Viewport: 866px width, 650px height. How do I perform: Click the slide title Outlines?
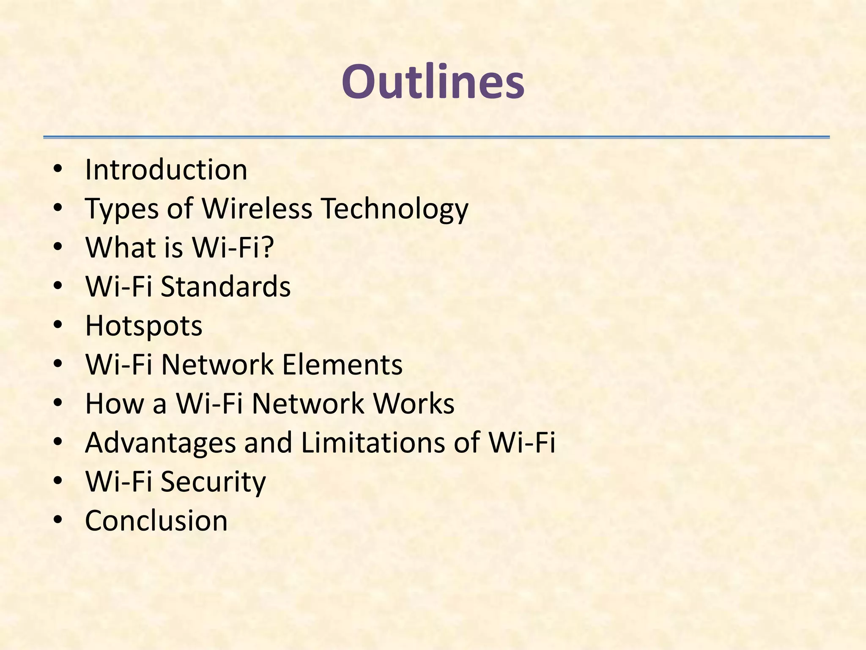[x=433, y=81]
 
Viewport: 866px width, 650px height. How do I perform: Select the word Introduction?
[x=166, y=170]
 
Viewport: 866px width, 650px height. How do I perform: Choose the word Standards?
[x=226, y=286]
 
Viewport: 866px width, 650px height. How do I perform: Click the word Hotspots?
[x=144, y=326]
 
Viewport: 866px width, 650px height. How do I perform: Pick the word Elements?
[x=342, y=364]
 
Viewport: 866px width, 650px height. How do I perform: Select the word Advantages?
[x=160, y=443]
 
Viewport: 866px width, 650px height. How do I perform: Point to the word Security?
[x=213, y=482]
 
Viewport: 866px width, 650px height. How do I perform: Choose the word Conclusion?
[x=156, y=521]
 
